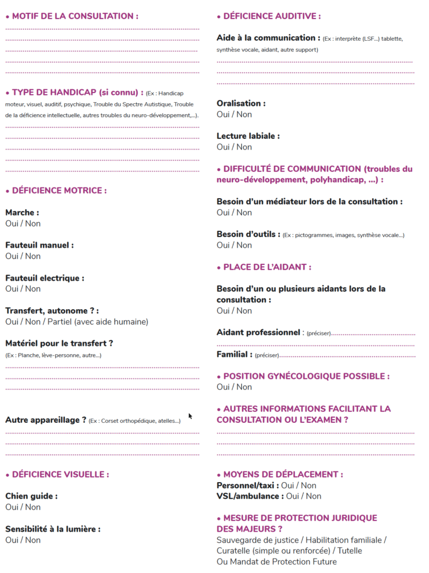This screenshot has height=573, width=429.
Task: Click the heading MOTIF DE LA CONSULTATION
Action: click(x=75, y=16)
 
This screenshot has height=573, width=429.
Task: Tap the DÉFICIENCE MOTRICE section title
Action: click(x=59, y=191)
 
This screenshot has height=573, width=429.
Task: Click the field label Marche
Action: click(x=22, y=213)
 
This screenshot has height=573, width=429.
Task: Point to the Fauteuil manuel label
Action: click(x=39, y=245)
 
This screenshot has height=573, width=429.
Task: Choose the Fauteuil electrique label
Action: click(x=45, y=278)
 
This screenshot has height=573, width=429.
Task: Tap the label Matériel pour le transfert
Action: click(x=59, y=343)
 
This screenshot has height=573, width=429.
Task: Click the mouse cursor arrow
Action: click(x=190, y=416)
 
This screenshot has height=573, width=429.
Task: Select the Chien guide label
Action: click(x=31, y=496)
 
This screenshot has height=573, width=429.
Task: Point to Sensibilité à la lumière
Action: click(x=53, y=529)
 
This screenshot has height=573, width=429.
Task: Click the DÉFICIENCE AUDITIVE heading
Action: click(x=271, y=16)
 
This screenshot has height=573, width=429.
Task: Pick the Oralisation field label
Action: click(x=241, y=103)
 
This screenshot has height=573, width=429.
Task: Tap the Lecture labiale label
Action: click(x=248, y=136)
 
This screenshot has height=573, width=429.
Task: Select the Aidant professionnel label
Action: click(x=258, y=333)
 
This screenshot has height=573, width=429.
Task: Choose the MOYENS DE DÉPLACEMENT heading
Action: click(x=283, y=474)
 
